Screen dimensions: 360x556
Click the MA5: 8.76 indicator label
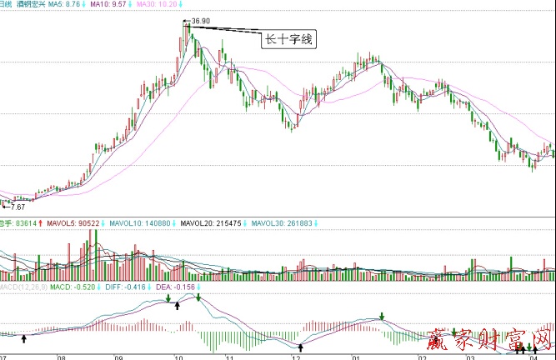pyautogui.click(x=64, y=4)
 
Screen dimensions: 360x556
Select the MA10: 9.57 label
pyautogui.click(x=109, y=4)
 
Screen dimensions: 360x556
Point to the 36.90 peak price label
pyautogui.click(x=200, y=19)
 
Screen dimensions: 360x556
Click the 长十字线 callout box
pyautogui.click(x=288, y=38)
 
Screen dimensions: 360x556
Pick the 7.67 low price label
pyautogui.click(x=17, y=207)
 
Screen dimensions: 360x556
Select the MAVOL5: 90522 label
pyautogui.click(x=69, y=223)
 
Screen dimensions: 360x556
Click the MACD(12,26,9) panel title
pyautogui.click(x=21, y=287)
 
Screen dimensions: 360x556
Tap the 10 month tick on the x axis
pyautogui.click(x=178, y=356)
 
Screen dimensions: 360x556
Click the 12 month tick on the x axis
pyautogui.click(x=296, y=356)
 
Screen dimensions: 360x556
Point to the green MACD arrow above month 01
pyautogui.click(x=382, y=317)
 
